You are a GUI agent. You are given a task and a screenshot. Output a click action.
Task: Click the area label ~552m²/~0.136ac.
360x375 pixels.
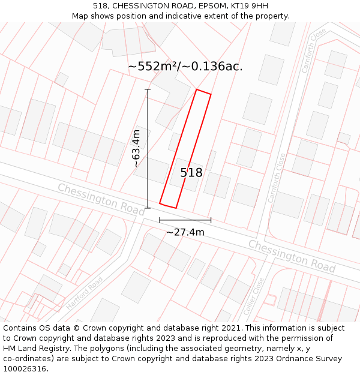185,66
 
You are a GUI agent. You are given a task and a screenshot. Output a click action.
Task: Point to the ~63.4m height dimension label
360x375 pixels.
136,148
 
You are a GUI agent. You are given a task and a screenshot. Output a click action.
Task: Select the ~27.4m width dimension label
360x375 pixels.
185,232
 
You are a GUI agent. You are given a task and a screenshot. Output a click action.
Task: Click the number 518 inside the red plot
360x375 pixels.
191,173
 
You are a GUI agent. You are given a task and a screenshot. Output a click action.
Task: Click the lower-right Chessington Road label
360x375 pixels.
292,255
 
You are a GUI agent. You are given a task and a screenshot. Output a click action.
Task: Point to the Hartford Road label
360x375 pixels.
85,293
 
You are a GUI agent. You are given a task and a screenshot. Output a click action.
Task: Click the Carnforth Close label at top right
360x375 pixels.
314,50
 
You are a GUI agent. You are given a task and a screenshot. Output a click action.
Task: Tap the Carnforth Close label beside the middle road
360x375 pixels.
277,178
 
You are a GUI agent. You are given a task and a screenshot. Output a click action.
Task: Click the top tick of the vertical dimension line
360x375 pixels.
148,90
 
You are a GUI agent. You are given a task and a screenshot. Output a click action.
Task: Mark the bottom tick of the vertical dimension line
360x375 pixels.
148,208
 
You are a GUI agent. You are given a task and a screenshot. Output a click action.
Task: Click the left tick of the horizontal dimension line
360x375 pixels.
160,220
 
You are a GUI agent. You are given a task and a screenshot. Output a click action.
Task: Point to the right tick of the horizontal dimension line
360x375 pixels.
211,220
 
